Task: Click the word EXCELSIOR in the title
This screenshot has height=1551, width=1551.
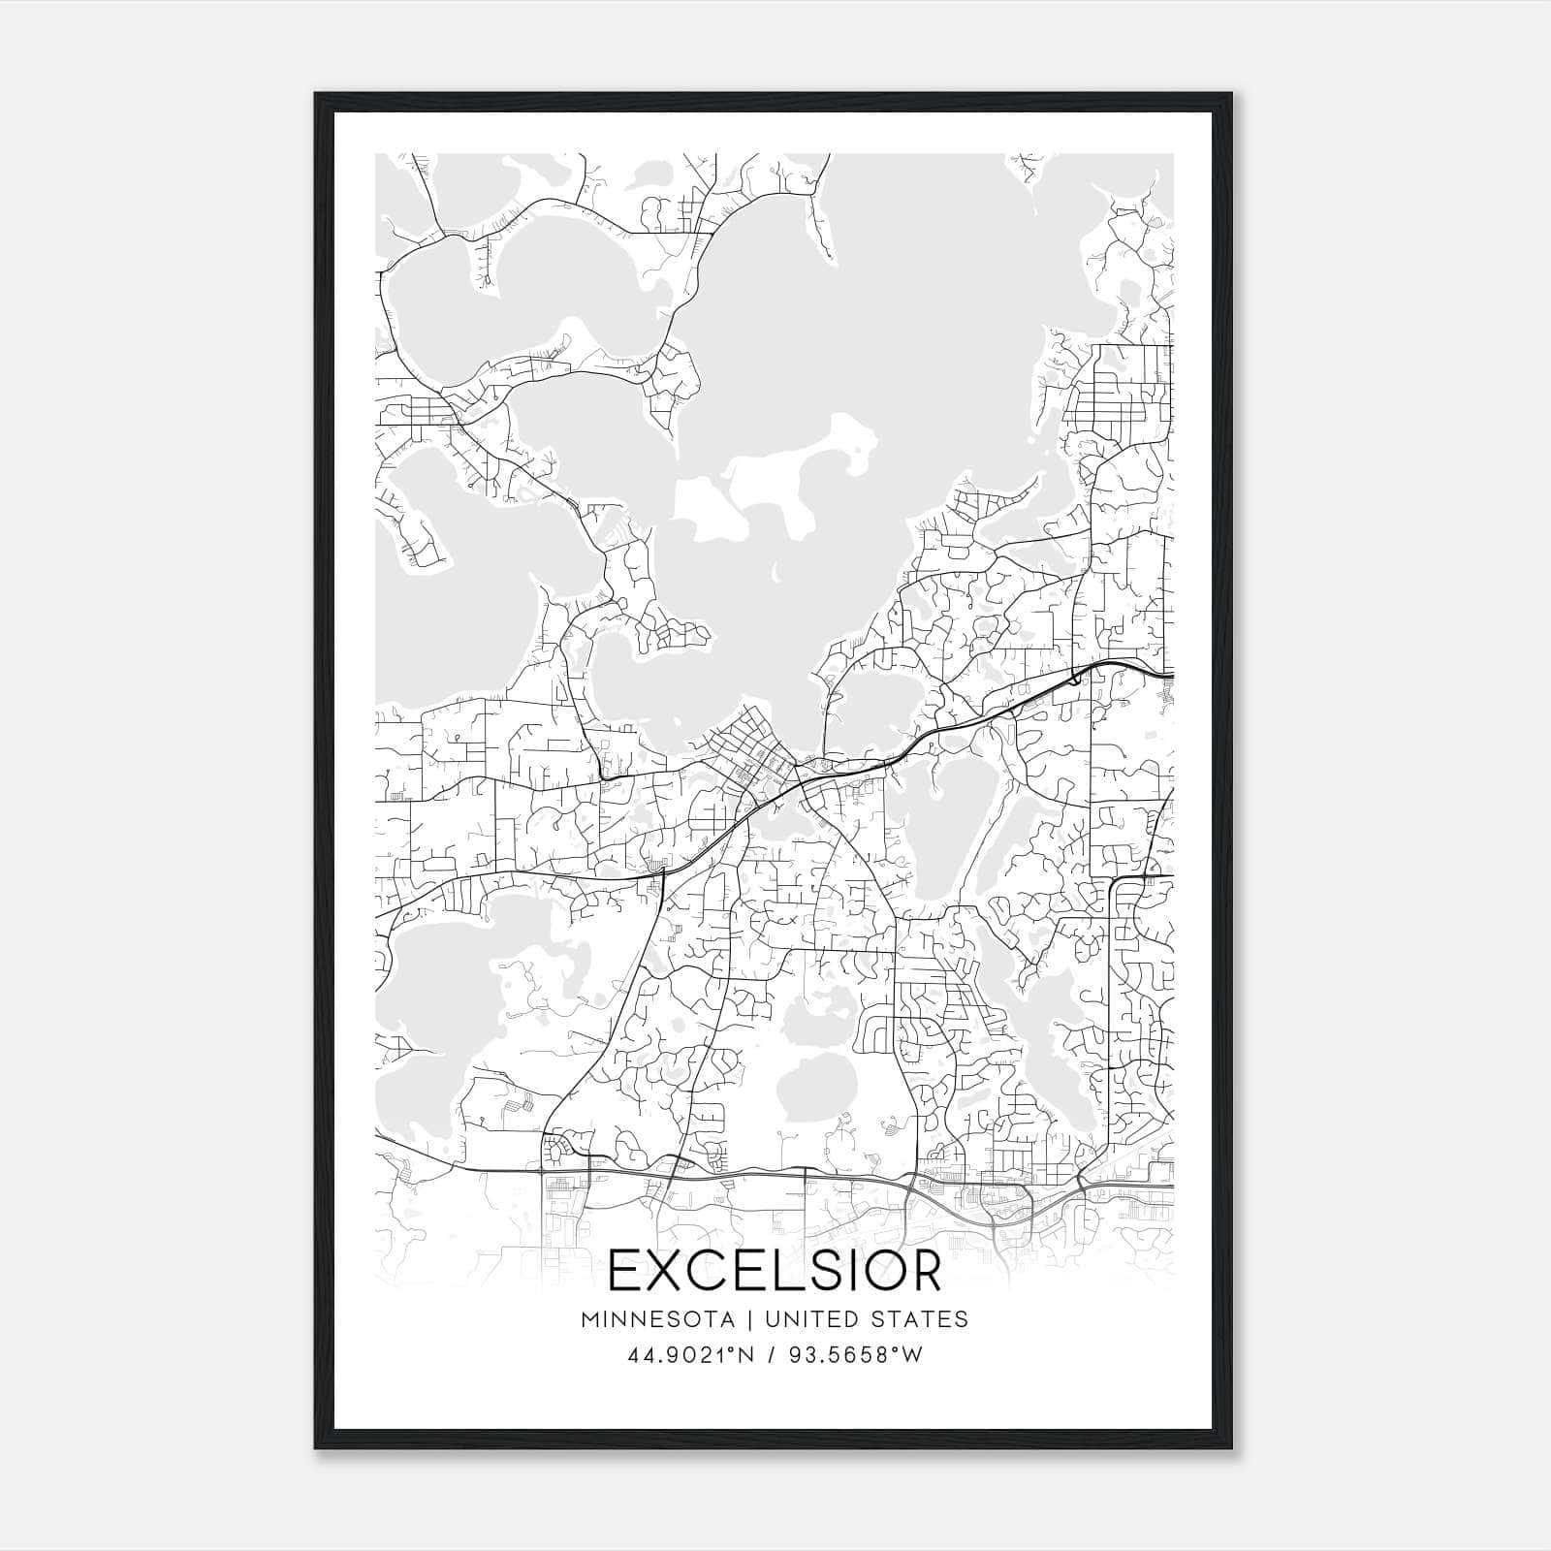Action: click(775, 1271)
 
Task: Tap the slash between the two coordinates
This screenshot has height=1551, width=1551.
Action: click(772, 1355)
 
